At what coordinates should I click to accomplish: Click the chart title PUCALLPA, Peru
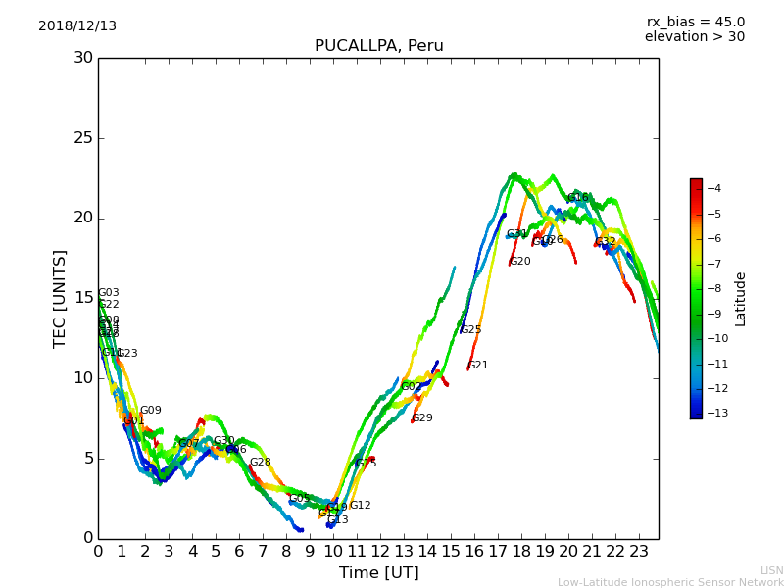pyautogui.click(x=378, y=46)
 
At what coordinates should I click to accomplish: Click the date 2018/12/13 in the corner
pyautogui.click(x=77, y=25)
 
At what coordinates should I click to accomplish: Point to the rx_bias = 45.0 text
pyautogui.click(x=695, y=22)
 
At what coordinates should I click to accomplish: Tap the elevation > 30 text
pyautogui.click(x=694, y=37)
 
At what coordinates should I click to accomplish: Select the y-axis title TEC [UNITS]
pyautogui.click(x=60, y=298)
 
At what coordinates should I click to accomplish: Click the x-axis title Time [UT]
pyautogui.click(x=378, y=572)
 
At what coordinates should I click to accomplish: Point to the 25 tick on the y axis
pyautogui.click(x=83, y=138)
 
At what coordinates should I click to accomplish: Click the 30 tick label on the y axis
pyautogui.click(x=83, y=58)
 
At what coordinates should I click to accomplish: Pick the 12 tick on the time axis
pyautogui.click(x=380, y=552)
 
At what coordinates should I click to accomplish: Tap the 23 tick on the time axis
pyautogui.click(x=639, y=552)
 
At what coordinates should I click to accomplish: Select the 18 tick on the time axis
pyautogui.click(x=521, y=552)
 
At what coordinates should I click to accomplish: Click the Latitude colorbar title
pyautogui.click(x=741, y=298)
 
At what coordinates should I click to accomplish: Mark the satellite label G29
pyautogui.click(x=421, y=418)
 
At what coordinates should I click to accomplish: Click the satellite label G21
pyautogui.click(x=478, y=366)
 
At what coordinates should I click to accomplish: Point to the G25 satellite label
pyautogui.click(x=471, y=330)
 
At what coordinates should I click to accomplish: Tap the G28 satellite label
pyautogui.click(x=260, y=463)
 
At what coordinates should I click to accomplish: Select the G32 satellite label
pyautogui.click(x=606, y=241)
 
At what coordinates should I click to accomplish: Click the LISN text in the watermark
pyautogui.click(x=771, y=570)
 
